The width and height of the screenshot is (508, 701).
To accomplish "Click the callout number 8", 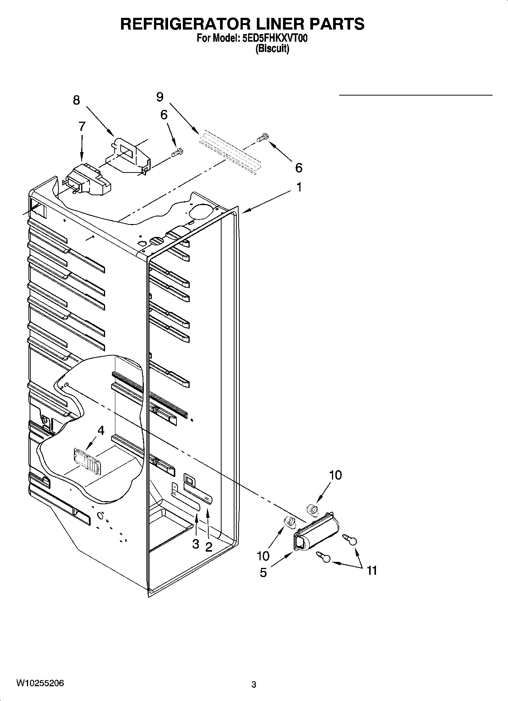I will coord(76,100).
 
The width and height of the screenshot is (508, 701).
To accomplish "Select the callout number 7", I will coord(82,126).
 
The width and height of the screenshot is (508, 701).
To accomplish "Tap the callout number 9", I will coord(160,97).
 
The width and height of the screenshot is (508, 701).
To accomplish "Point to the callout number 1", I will coord(299,187).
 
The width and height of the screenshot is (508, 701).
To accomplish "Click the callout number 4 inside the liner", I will coord(101,430).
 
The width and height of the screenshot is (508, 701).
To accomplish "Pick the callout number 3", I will coord(195,544).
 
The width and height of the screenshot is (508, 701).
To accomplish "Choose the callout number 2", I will coord(209,547).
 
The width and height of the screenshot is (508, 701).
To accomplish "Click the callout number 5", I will coord(263,572).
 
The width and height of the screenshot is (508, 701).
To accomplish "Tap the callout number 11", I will coord(372,570).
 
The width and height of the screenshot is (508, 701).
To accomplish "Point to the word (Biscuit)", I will coord(272,49).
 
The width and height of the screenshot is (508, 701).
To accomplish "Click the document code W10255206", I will coord(40,684).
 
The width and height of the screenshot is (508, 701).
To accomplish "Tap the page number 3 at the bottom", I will coord(254,685).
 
